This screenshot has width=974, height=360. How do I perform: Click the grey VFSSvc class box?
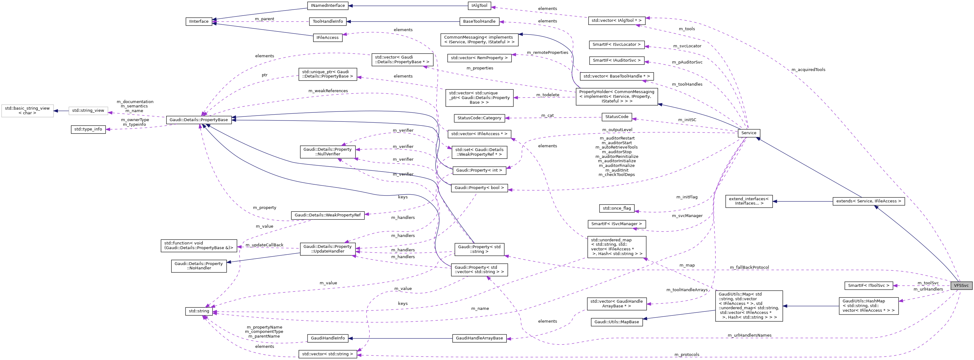(961, 286)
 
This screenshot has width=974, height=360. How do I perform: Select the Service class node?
(748, 133)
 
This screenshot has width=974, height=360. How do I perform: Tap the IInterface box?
(199, 21)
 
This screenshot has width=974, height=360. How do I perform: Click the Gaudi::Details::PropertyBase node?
(199, 120)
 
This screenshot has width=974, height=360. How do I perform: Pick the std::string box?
(199, 311)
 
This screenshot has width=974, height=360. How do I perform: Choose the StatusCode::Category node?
(479, 118)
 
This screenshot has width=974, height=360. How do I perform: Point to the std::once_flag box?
(616, 208)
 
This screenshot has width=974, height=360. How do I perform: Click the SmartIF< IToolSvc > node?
(868, 286)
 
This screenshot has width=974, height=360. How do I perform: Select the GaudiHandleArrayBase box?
(479, 338)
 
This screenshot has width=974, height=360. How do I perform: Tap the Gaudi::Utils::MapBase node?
(616, 322)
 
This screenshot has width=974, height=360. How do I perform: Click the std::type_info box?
(88, 129)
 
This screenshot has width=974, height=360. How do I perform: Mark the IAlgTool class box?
(479, 6)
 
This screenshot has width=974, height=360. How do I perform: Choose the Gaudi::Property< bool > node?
(479, 188)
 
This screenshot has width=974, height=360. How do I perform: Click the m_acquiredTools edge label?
(808, 69)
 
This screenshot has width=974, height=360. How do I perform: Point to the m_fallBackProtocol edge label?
(749, 267)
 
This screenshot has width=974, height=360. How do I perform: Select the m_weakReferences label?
(328, 91)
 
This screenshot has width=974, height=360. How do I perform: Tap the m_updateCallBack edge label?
(264, 245)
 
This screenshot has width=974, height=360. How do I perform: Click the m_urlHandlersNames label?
(749, 335)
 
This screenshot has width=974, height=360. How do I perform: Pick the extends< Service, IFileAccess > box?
(868, 201)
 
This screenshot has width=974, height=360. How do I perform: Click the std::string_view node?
(88, 111)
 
